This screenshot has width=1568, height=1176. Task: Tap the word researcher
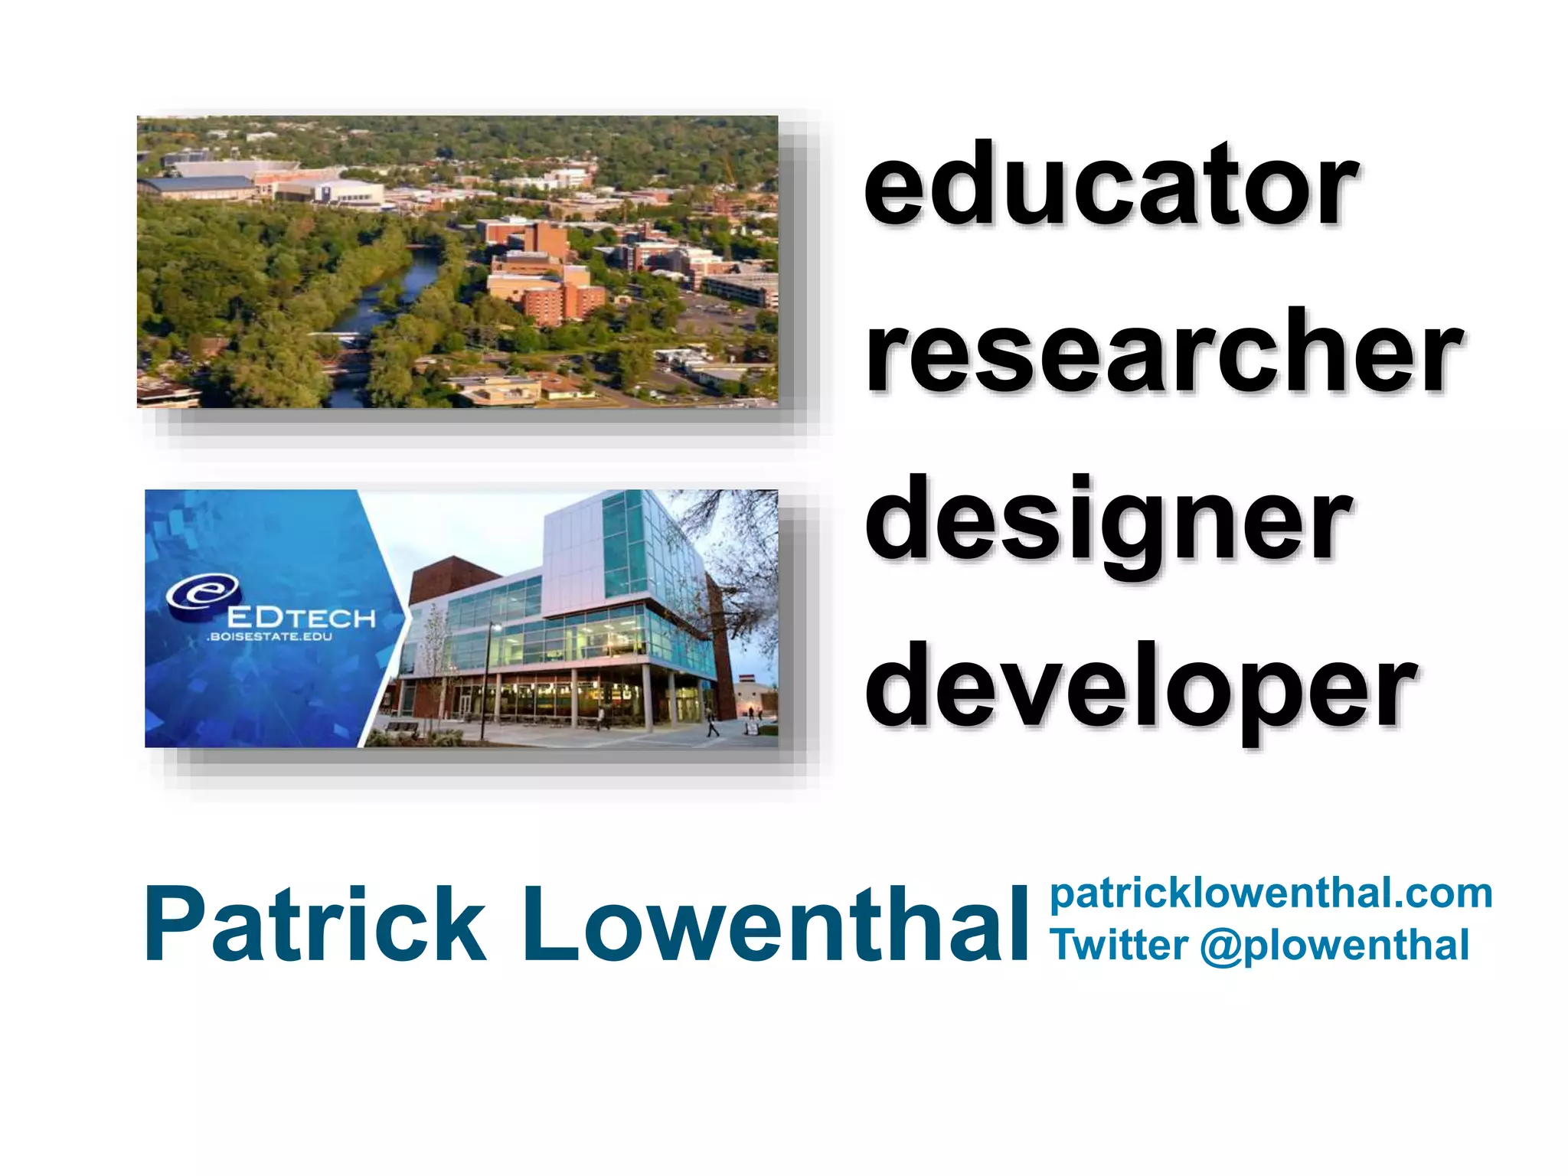tap(1164, 352)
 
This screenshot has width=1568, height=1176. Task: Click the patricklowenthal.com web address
tap(1271, 893)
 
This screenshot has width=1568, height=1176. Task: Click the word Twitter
tap(1119, 945)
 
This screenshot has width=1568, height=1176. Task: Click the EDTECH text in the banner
tap(301, 617)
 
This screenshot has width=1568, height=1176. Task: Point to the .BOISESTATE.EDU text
tap(269, 637)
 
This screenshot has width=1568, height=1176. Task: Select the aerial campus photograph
tap(457, 261)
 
